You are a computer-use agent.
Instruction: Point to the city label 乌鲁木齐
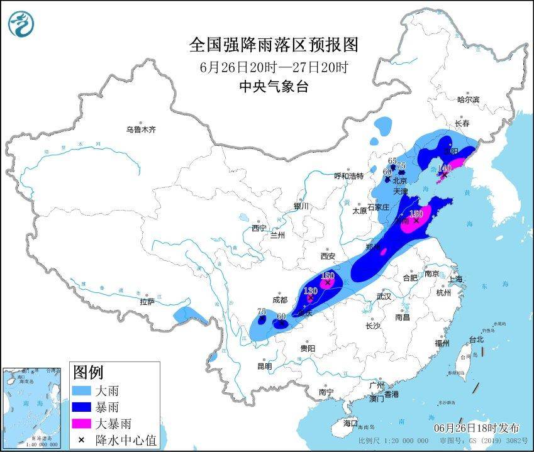point(140,130)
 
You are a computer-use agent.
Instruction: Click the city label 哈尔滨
point(468,99)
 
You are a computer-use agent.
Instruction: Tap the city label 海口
point(350,422)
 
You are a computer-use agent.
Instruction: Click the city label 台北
point(476,339)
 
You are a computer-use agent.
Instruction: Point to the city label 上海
point(455,278)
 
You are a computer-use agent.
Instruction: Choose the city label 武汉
point(384,296)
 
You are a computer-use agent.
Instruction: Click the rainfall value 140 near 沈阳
point(445,168)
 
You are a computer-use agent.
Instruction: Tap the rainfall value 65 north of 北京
point(392,160)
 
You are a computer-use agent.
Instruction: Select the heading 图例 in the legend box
point(89,372)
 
